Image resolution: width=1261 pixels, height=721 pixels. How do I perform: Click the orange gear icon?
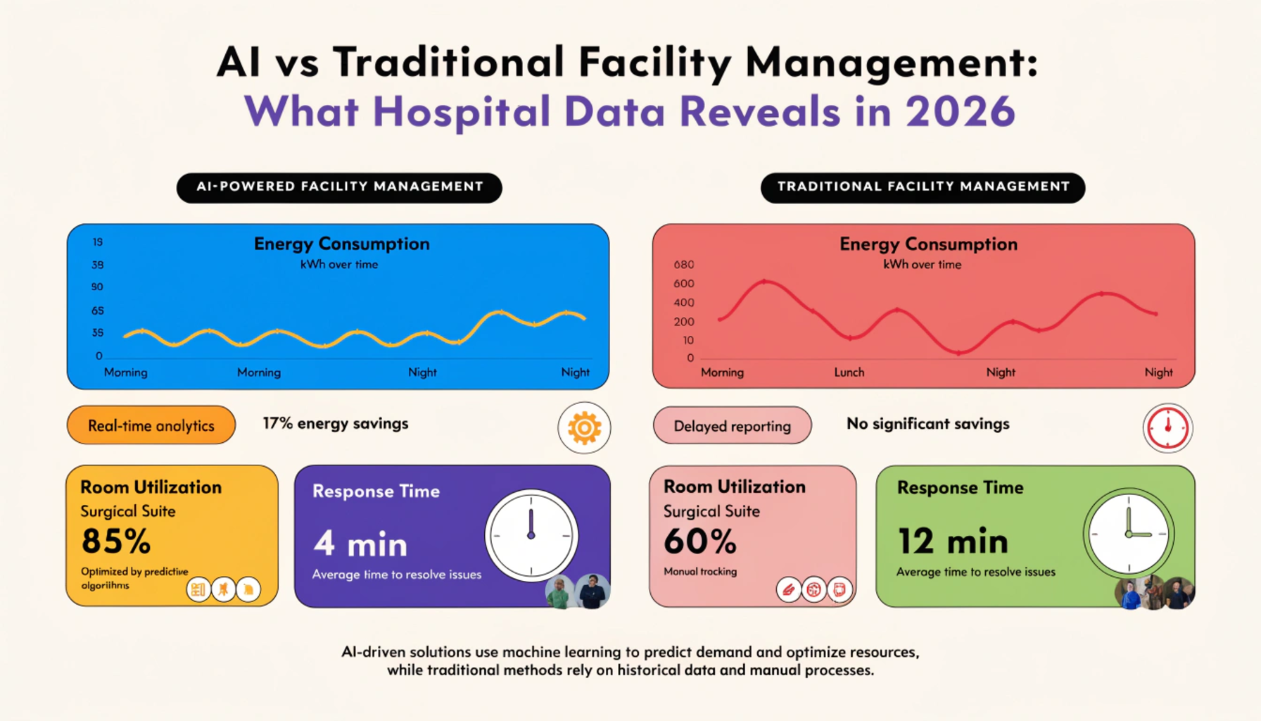(584, 427)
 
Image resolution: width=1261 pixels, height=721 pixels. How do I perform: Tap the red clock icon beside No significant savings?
(1167, 427)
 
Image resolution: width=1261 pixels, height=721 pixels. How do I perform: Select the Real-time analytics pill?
(151, 425)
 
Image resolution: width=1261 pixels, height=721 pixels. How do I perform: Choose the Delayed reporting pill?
(732, 425)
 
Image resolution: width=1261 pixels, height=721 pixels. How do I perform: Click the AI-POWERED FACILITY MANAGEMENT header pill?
(339, 187)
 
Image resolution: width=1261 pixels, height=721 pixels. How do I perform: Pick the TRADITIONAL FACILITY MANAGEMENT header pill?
(923, 187)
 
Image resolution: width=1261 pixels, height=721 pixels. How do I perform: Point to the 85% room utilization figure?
(116, 541)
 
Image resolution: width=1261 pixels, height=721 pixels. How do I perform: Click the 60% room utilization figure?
(700, 541)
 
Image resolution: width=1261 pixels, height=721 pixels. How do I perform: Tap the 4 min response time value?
(360, 544)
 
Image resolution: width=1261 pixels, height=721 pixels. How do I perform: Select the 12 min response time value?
(953, 541)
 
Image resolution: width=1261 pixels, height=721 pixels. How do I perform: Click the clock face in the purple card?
(531, 535)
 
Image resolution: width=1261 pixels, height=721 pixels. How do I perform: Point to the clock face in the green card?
(1129, 534)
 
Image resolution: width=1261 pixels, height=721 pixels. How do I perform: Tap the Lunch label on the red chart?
(849, 372)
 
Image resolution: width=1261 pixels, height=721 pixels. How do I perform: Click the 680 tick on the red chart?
(684, 265)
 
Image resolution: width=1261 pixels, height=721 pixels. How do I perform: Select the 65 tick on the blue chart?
(97, 311)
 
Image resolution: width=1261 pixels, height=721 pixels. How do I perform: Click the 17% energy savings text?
(336, 423)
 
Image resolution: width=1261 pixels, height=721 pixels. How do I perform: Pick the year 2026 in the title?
(961, 111)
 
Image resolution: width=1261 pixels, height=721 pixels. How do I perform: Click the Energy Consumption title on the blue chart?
(342, 244)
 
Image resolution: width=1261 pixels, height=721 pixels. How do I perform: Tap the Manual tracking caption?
(700, 571)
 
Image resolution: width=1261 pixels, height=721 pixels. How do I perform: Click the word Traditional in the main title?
(449, 61)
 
